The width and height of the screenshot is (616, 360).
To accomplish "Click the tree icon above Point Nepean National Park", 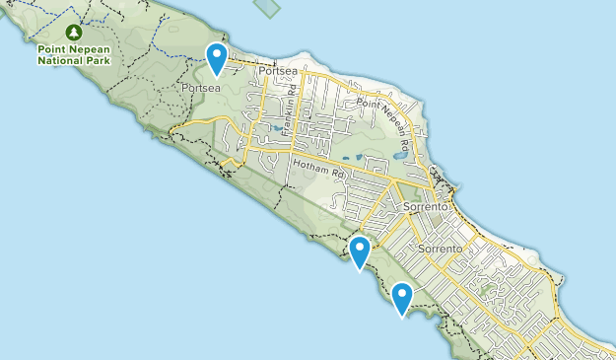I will (74, 32).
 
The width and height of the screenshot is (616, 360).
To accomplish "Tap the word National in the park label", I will (60, 60).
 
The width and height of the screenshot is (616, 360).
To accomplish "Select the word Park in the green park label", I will (98, 60).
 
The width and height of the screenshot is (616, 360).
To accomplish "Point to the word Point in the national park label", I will (51, 48).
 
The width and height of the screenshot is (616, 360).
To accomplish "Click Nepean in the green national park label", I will (89, 48).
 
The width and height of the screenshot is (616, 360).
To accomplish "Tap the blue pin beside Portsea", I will (216, 58).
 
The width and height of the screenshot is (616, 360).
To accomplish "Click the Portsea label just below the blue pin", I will (200, 88).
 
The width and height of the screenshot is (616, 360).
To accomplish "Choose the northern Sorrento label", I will (426, 208).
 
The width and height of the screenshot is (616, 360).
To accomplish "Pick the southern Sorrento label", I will (441, 249).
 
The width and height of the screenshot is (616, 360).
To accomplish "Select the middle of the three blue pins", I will (360, 251).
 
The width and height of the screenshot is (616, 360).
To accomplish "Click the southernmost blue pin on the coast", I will (402, 297).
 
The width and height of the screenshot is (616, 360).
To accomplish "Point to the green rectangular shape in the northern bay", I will (265, 8).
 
